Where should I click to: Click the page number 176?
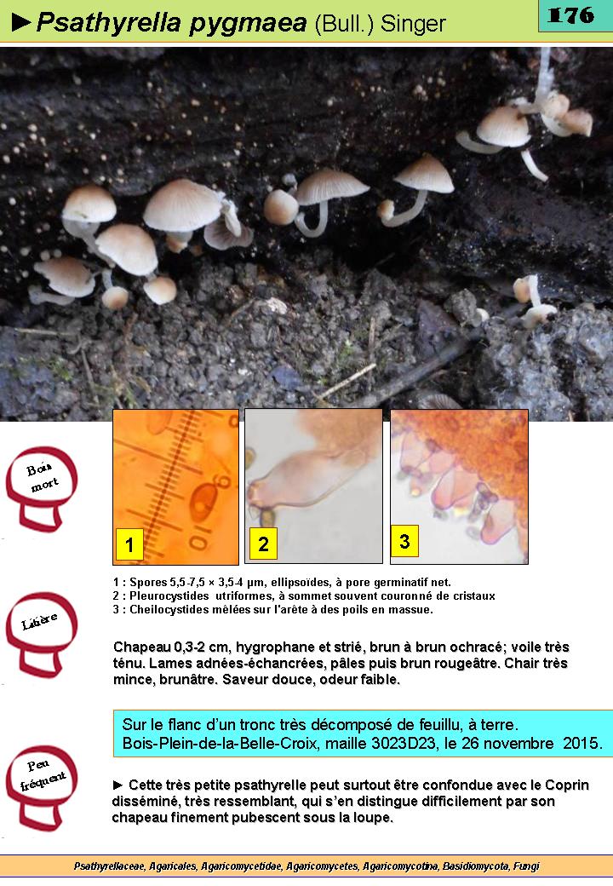pyautogui.click(x=570, y=15)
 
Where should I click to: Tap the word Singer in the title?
pyautogui.click(x=413, y=24)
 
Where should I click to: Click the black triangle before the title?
pyautogui.click(x=21, y=23)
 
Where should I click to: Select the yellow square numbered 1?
pyautogui.click(x=129, y=544)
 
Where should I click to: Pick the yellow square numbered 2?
pyautogui.click(x=264, y=543)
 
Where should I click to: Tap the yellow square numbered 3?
pyautogui.click(x=404, y=541)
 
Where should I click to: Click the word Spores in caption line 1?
pyautogui.click(x=148, y=583)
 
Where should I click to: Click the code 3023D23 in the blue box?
pyautogui.click(x=404, y=743)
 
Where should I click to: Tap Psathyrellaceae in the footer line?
pyautogui.click(x=109, y=866)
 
